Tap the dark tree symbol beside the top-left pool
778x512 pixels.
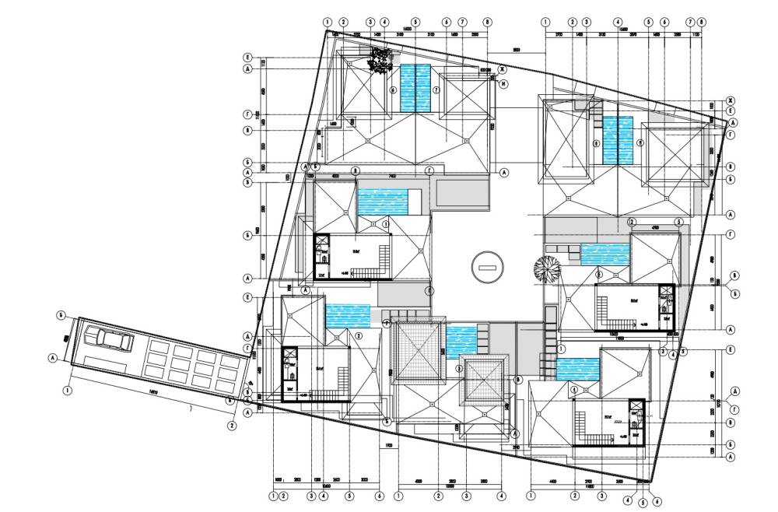pos(381,60)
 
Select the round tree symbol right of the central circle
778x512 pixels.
pos(547,269)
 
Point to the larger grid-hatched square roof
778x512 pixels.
pos(416,351)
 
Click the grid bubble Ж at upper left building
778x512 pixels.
pos(503,69)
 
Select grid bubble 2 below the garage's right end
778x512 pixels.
pos(232,426)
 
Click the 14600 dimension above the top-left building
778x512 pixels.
pos(407,27)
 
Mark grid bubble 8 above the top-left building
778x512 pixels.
pos(487,22)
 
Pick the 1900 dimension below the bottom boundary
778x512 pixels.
pos(387,445)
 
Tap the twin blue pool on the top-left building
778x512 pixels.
pos(415,89)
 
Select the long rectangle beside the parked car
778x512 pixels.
pos(106,363)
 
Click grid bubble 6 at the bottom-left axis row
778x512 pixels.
pos(379,495)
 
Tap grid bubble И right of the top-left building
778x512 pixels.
pos(503,83)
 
